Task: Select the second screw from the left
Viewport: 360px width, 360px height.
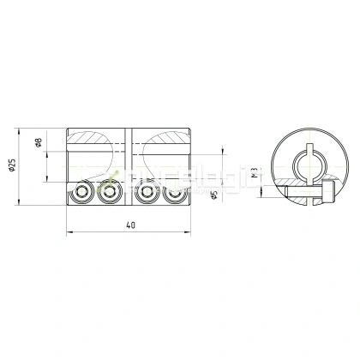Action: [108, 194]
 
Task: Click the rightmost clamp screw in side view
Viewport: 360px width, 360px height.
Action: [175, 194]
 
